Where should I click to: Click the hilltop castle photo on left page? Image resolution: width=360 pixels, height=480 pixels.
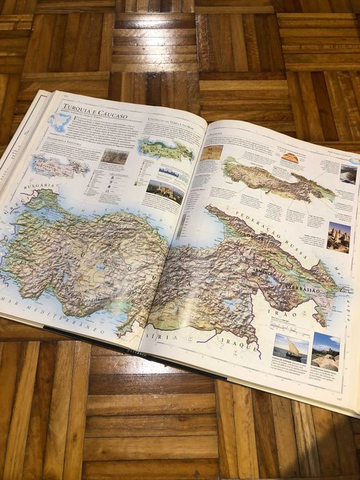point(165,193)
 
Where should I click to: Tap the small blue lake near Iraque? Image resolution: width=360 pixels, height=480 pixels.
point(229,304)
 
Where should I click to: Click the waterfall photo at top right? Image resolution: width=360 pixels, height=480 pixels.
point(348,173)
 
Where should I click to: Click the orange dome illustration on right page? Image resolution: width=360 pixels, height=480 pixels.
point(290,158)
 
